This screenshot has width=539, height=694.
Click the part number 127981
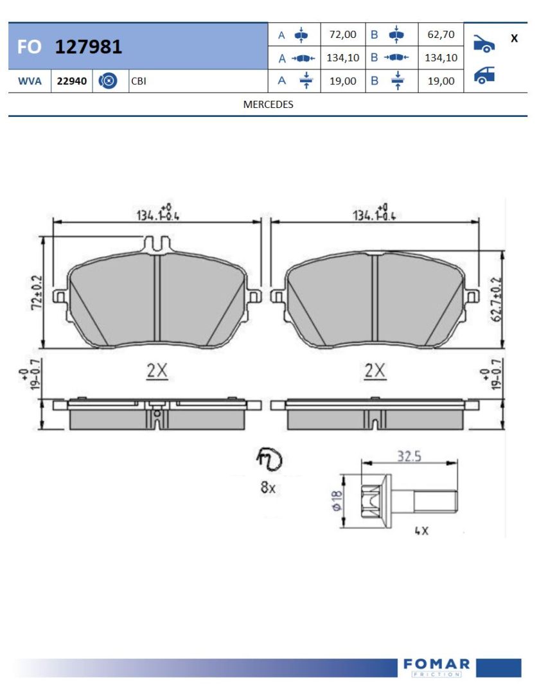(x=89, y=46)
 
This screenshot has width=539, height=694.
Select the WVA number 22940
(x=72, y=82)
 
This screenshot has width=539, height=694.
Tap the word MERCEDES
(x=268, y=104)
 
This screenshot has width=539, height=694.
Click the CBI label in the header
(x=138, y=82)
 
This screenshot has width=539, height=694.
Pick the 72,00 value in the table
(x=342, y=35)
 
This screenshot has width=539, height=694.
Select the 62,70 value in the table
(x=441, y=35)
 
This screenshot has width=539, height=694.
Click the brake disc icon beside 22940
(x=108, y=81)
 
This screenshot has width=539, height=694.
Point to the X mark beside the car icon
(x=514, y=39)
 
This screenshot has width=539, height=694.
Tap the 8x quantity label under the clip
(x=267, y=488)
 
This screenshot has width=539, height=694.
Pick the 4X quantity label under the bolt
(x=421, y=531)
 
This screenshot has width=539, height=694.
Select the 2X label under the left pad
(x=157, y=371)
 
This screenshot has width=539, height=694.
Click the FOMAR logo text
(x=437, y=664)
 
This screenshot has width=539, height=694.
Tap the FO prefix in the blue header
(x=30, y=47)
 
